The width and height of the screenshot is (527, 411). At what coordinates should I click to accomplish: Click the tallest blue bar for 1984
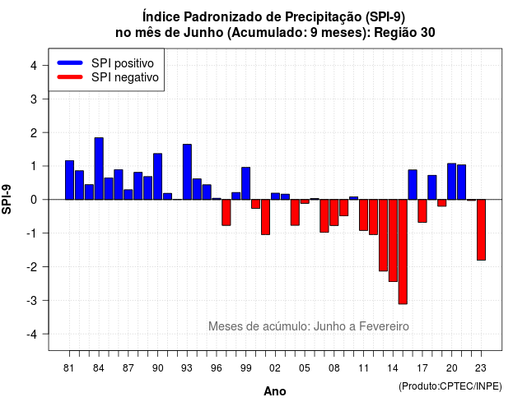[x=99, y=169]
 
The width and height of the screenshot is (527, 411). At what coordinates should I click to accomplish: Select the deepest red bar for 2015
[x=403, y=252]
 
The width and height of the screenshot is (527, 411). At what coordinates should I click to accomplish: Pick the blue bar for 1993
[x=187, y=172]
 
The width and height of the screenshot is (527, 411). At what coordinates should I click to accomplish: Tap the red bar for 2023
[x=481, y=230]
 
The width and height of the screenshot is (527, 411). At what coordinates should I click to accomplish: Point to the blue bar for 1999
[x=246, y=183]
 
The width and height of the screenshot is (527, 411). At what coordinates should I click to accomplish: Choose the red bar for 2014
[x=393, y=241]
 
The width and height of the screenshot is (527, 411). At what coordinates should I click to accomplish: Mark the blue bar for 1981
[x=69, y=180]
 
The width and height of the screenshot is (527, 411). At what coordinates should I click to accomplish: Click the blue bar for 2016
[x=413, y=184]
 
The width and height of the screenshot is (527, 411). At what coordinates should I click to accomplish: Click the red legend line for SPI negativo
[x=70, y=77]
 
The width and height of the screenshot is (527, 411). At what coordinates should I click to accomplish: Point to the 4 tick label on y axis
[x=34, y=66]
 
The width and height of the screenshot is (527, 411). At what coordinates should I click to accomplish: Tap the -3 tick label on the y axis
[x=31, y=301]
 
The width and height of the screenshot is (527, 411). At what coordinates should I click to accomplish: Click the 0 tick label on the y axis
[x=34, y=200]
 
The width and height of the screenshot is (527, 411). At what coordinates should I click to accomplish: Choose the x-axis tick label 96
[x=217, y=368]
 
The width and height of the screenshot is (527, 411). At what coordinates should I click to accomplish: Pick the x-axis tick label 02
[x=275, y=368]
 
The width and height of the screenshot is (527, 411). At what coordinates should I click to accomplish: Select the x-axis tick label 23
[x=481, y=368]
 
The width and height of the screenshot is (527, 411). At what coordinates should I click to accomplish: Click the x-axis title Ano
[x=275, y=391]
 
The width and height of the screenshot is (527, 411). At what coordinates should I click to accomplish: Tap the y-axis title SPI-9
[x=7, y=199]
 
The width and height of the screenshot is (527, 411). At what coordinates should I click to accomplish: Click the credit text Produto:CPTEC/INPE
[x=450, y=386]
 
